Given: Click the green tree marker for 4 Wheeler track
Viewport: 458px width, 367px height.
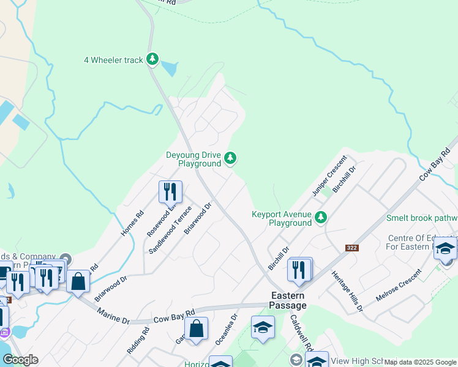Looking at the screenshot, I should coord(152,59).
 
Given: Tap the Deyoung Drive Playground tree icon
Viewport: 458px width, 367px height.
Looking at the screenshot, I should coord(230,158).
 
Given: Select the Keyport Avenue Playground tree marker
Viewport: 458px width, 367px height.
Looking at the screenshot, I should coord(320,217).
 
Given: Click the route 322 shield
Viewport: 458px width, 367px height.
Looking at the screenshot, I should coord(351,248).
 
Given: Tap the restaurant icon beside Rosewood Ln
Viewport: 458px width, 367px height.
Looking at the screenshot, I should coord(170,192).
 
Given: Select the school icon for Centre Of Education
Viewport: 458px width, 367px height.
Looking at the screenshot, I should coord(445,248).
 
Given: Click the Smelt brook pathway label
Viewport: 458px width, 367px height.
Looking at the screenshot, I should coord(421,218).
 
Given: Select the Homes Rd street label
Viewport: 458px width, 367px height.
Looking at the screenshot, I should coord(131,223).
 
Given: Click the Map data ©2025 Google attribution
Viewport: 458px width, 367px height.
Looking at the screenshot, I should coord(420,362).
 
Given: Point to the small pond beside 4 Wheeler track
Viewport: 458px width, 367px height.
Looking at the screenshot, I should coord(170,69).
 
